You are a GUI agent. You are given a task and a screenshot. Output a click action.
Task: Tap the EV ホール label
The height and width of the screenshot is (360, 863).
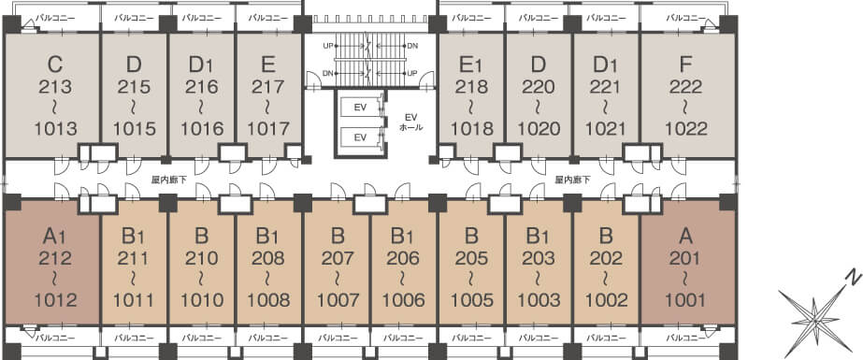pyautogui.click(x=411, y=122)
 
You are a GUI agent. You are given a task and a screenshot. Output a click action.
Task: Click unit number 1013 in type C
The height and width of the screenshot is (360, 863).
pyautogui.click(x=55, y=129)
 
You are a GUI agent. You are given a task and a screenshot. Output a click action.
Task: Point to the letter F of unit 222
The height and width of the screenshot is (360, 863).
pyautogui.click(x=685, y=65)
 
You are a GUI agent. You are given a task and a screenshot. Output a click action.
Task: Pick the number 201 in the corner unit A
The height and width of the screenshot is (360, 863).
pyautogui.click(x=685, y=258)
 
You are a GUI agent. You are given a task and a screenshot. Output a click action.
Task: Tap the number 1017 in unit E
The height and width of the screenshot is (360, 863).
pyautogui.click(x=268, y=129)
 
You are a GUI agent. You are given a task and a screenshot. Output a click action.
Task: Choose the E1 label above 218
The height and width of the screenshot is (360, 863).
pyautogui.click(x=471, y=65)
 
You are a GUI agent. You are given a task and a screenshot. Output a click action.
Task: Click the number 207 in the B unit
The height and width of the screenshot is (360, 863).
pyautogui.click(x=338, y=258)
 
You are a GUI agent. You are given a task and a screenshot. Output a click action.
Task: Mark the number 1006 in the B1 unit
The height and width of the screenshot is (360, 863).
pyautogui.click(x=405, y=300)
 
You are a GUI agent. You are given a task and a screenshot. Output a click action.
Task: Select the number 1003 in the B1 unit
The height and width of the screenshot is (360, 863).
pyautogui.click(x=539, y=300)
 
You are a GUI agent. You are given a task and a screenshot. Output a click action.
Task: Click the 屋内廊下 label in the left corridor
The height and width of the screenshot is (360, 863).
pyautogui.click(x=168, y=180)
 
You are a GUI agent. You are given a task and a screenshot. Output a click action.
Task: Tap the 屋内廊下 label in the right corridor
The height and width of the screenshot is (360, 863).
pyautogui.click(x=572, y=180)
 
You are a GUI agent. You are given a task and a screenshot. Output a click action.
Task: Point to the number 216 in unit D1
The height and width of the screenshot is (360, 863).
pyautogui.click(x=201, y=87)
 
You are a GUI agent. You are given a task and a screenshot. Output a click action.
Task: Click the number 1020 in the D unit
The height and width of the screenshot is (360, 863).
pyautogui.click(x=539, y=129)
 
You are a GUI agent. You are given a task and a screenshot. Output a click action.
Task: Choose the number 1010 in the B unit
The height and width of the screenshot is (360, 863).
pyautogui.click(x=201, y=300)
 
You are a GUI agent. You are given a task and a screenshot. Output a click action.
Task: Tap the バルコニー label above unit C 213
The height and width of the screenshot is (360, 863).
pyautogui.click(x=55, y=18)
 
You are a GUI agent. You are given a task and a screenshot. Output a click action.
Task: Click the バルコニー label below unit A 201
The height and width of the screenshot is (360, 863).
pyautogui.click(x=685, y=338)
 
